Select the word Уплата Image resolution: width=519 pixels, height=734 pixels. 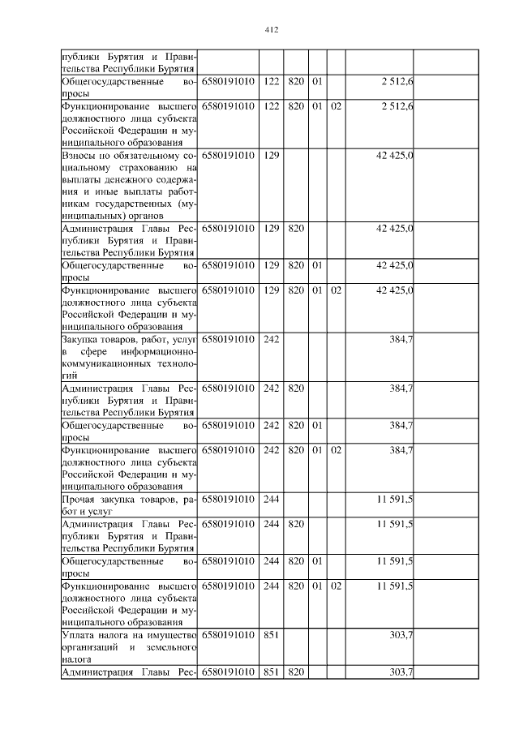[79, 635]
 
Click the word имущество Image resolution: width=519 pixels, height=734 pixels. [173, 635]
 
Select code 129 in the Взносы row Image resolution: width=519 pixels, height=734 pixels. [272, 155]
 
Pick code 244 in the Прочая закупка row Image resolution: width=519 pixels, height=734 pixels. [272, 500]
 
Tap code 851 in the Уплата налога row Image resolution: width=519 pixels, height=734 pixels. [272, 635]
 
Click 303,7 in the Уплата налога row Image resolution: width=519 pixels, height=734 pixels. [401, 635]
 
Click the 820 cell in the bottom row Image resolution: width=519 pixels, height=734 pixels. [296, 672]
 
